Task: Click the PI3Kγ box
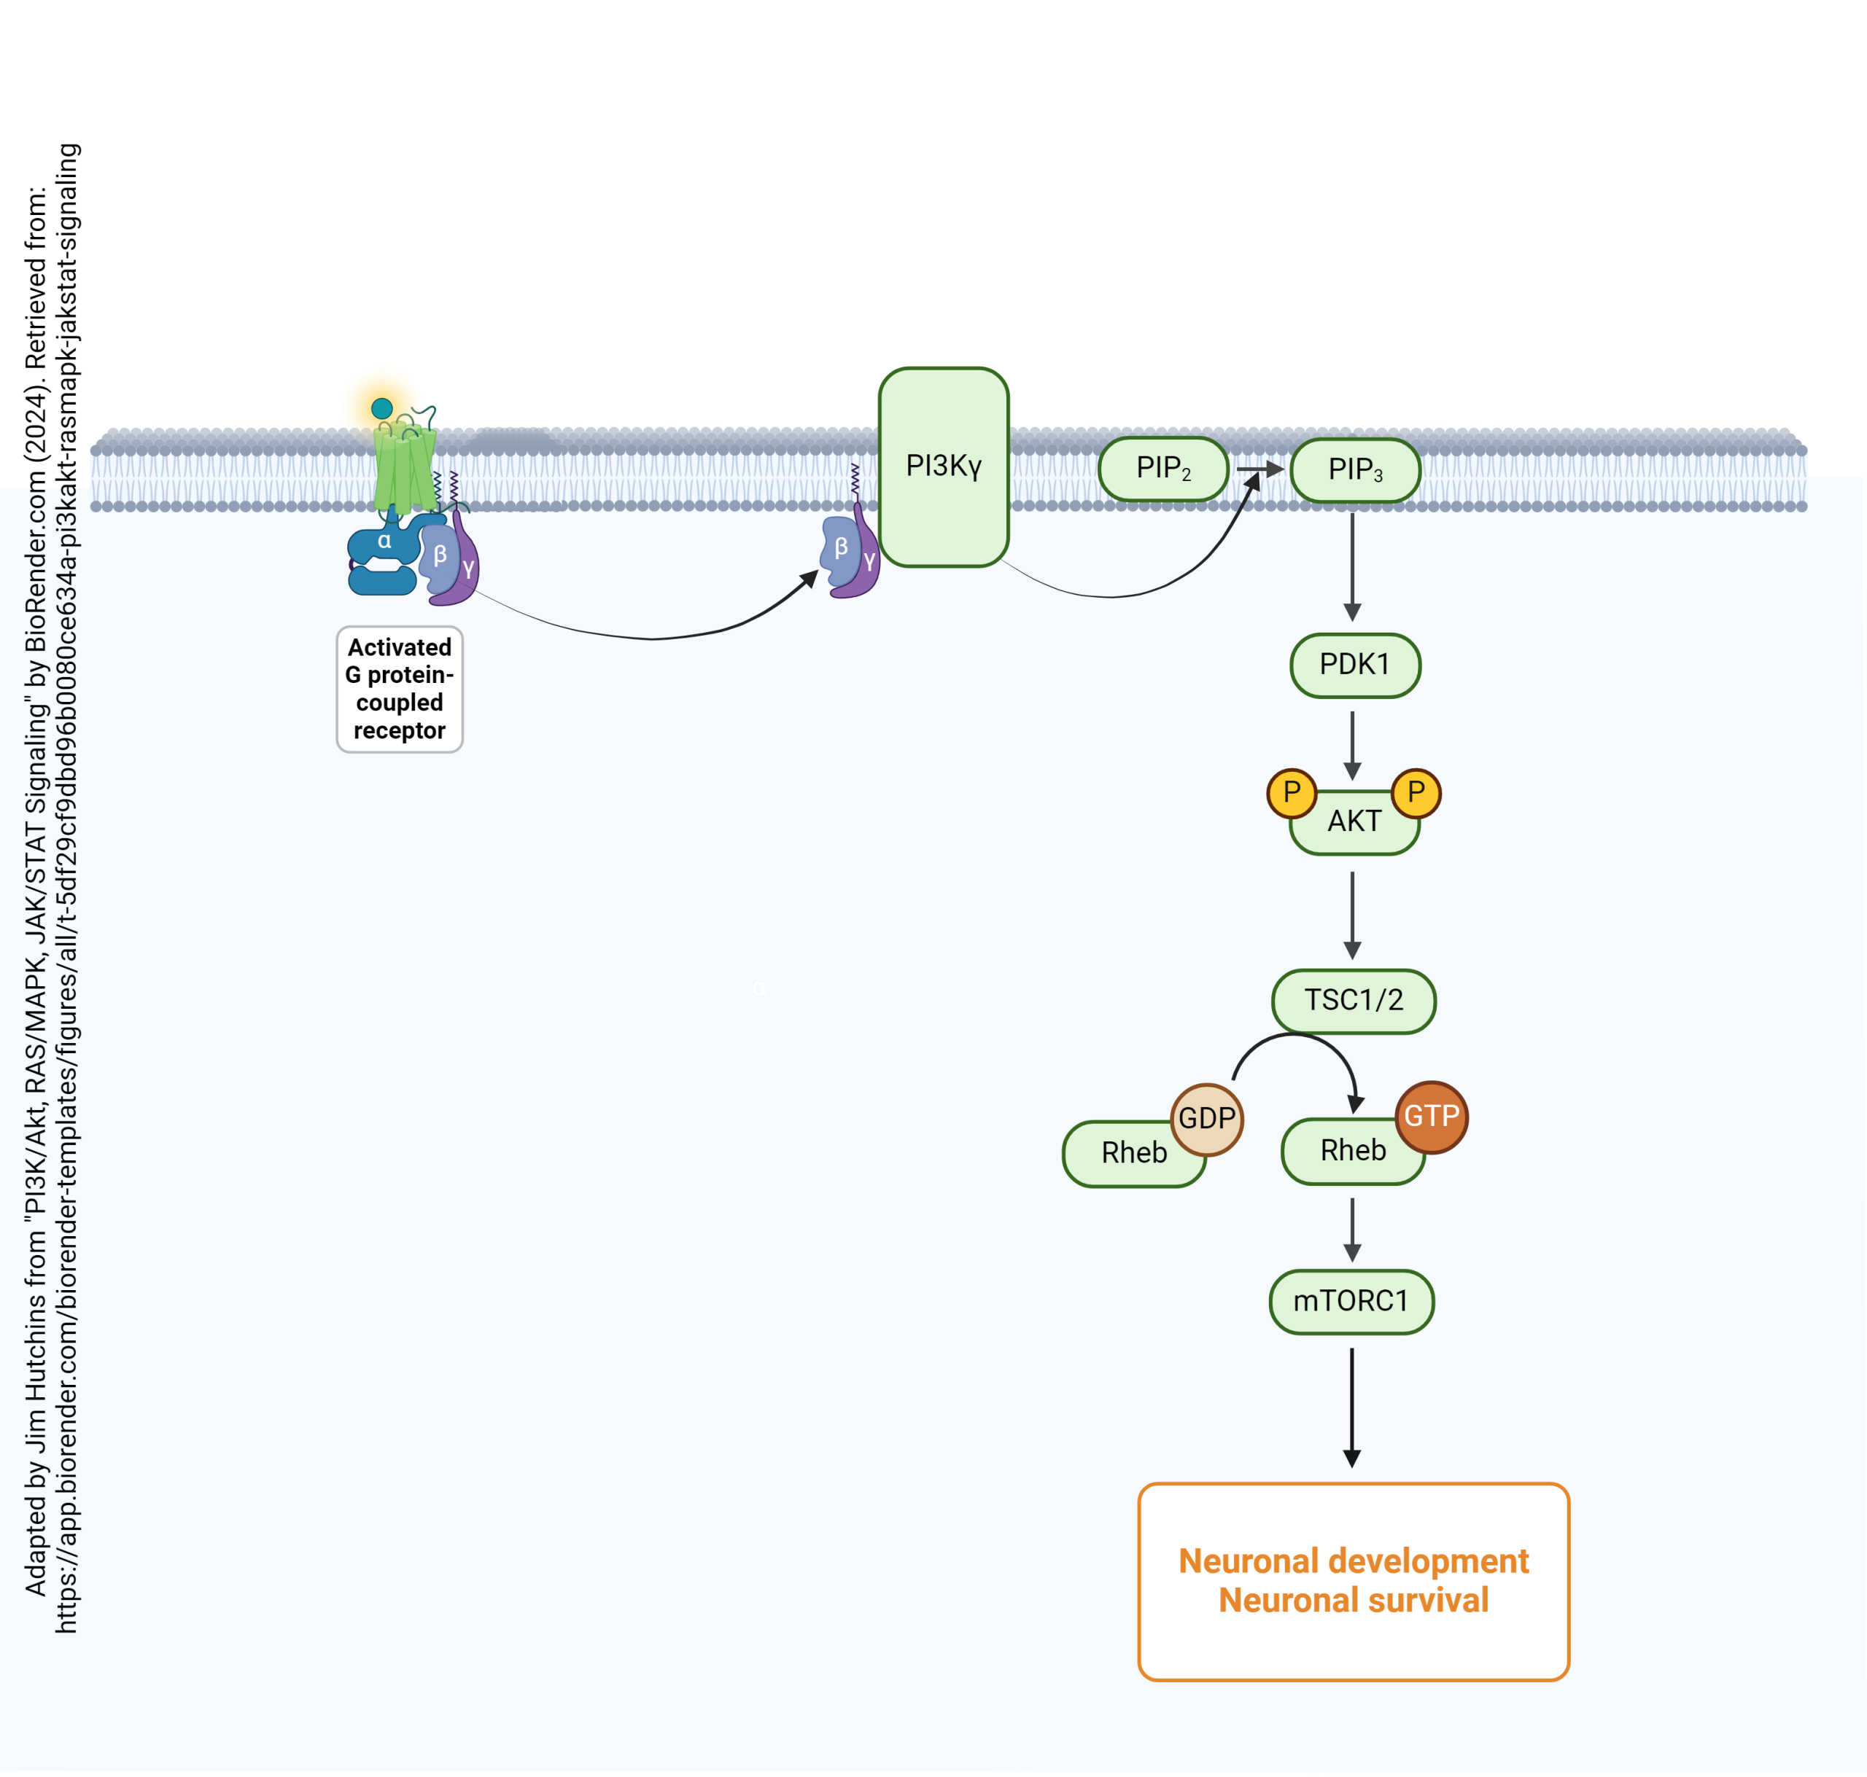(x=943, y=467)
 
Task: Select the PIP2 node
(x=1162, y=468)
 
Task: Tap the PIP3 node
(x=1354, y=470)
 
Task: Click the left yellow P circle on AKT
(x=1291, y=792)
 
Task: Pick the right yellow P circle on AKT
(x=1416, y=792)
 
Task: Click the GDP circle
(x=1206, y=1119)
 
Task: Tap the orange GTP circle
(x=1431, y=1117)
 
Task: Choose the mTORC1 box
(x=1351, y=1302)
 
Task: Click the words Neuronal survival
(x=1354, y=1601)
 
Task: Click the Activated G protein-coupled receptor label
(x=399, y=689)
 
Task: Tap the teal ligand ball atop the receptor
(x=382, y=408)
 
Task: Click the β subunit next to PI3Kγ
(x=839, y=550)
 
